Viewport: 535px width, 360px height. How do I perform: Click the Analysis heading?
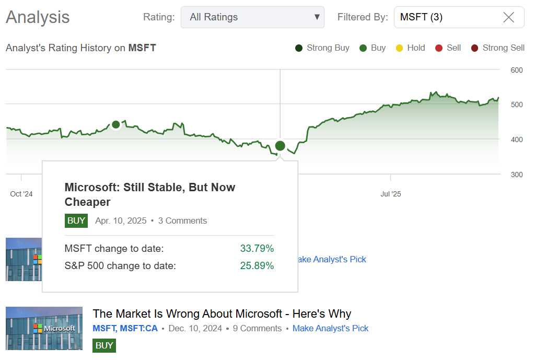38,17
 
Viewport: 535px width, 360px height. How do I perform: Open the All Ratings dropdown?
252,17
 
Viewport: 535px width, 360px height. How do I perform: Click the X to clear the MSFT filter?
508,17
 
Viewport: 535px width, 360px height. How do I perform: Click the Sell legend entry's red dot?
439,48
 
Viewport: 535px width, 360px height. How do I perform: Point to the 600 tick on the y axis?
517,70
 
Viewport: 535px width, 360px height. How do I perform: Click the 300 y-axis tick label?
517,175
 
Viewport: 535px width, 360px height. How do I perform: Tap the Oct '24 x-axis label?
21,194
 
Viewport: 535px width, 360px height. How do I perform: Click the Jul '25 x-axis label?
390,194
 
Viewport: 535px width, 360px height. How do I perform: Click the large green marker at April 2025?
280,146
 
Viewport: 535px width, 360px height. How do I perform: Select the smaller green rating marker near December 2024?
116,124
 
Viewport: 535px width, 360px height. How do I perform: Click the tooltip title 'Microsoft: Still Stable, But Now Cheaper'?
150,194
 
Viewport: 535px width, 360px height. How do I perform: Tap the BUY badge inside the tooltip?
76,220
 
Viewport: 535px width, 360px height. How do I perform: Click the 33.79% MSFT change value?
257,248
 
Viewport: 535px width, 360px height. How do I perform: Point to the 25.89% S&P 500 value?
257,265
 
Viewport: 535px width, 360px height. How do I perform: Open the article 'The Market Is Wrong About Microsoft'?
222,313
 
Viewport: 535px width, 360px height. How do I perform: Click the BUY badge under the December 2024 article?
104,345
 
